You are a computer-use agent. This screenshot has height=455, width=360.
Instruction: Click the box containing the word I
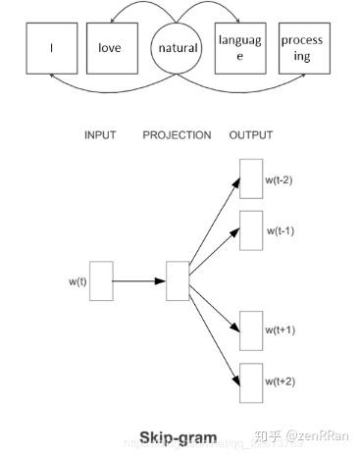tap(51, 47)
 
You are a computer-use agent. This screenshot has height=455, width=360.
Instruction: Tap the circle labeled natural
tap(178, 47)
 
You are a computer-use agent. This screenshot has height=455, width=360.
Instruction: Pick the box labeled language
tap(239, 47)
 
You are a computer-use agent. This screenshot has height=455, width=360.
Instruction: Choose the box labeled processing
tap(302, 47)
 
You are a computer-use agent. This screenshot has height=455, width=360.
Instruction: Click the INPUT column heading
tap(102, 135)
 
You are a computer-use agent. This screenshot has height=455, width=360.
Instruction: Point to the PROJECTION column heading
tap(177, 135)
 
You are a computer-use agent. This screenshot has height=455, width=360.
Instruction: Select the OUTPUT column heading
tap(250, 135)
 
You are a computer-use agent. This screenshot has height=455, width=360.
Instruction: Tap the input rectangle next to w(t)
tap(102, 280)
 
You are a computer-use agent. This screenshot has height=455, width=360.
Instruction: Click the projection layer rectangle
tap(178, 280)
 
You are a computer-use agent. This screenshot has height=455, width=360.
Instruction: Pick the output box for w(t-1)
tap(250, 229)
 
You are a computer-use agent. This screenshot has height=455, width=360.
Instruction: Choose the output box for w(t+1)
tap(250, 330)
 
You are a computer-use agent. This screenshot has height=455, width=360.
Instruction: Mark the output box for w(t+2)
tap(250, 381)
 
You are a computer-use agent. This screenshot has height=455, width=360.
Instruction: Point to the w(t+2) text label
tap(281, 379)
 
